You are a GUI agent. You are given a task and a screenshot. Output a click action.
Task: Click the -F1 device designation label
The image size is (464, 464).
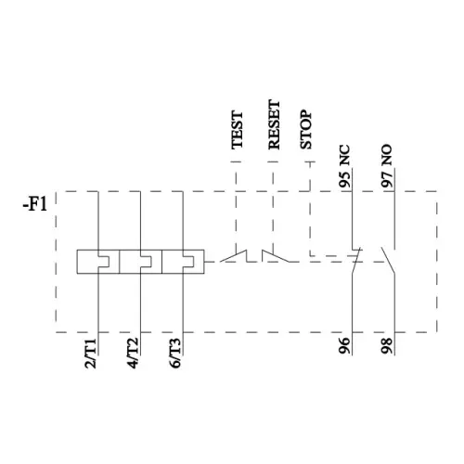35,204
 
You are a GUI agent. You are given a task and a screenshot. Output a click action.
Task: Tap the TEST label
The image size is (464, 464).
238,130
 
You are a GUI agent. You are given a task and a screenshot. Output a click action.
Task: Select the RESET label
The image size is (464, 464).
274,124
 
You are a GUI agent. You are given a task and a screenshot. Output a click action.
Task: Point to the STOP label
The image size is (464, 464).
306,130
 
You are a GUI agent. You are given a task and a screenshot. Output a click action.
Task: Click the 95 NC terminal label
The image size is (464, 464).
345,166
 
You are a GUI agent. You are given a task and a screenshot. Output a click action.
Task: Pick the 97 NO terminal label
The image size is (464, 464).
387,166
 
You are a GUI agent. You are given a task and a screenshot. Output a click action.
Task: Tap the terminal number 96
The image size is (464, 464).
345,345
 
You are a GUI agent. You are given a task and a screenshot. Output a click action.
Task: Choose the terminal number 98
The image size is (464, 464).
387,345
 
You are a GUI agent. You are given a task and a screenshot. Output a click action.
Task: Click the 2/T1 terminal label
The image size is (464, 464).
91,354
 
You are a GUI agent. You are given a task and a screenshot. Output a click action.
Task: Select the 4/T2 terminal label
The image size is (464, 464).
133,354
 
